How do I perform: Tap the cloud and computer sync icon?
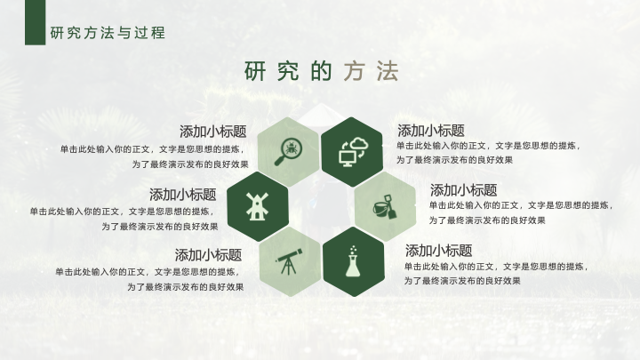coord(354,152)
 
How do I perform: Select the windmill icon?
coord(257,206)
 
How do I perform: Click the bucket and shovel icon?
coord(385,207)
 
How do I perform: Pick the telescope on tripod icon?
coord(289,261)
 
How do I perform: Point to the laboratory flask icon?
coord(353,261)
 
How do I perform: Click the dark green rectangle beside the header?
coord(35,22)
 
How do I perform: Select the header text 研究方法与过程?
coord(108,33)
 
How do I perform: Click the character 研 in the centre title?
coord(255,71)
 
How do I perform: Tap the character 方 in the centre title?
coord(354,71)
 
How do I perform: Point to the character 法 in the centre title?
coord(388,71)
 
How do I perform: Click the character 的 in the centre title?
coord(321,71)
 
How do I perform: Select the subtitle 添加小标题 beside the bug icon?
coord(213,132)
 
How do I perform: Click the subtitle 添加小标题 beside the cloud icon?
coord(431,131)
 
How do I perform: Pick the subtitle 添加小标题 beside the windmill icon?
coord(183,195)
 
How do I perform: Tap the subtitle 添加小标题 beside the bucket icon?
coord(464,190)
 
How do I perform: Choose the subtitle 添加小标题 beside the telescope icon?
coord(209,255)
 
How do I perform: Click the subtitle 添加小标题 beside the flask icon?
coord(439,250)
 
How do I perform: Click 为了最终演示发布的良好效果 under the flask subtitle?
coord(462,281)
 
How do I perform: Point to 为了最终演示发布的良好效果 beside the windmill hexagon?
coord(160,227)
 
